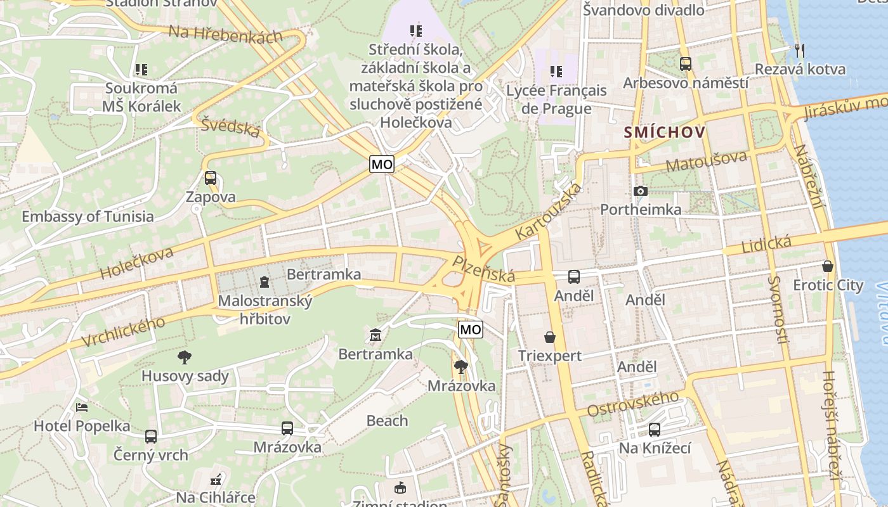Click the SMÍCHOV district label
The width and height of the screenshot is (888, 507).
(x=665, y=132)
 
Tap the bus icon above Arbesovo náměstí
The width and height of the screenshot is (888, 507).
(x=685, y=64)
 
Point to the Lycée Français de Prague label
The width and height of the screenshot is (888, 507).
(x=556, y=99)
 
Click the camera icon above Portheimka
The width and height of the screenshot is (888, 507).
(x=641, y=191)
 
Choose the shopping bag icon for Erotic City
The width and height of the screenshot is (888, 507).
(x=828, y=266)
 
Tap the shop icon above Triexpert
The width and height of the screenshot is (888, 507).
(x=549, y=337)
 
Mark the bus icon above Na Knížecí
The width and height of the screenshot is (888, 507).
(x=654, y=430)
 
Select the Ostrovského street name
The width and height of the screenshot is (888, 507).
(x=632, y=404)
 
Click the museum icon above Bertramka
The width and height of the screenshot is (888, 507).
(x=375, y=335)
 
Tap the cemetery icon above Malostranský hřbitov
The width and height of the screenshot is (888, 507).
(x=264, y=281)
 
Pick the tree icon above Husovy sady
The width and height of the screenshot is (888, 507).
(x=184, y=357)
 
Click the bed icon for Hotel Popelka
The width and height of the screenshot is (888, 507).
(x=81, y=407)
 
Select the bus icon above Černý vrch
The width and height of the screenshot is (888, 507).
(x=150, y=437)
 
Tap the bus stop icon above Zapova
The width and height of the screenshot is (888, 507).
(x=210, y=178)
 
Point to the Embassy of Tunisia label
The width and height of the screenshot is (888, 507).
(x=88, y=216)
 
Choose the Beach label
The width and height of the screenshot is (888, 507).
(x=387, y=421)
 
